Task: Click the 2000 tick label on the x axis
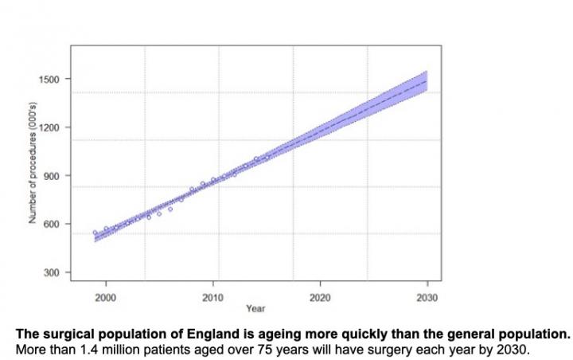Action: click(106, 296)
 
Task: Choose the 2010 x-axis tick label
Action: click(212, 296)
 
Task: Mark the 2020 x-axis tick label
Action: click(320, 296)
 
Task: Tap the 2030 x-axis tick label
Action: click(427, 296)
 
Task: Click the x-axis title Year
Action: click(255, 307)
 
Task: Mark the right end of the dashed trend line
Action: click(427, 80)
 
